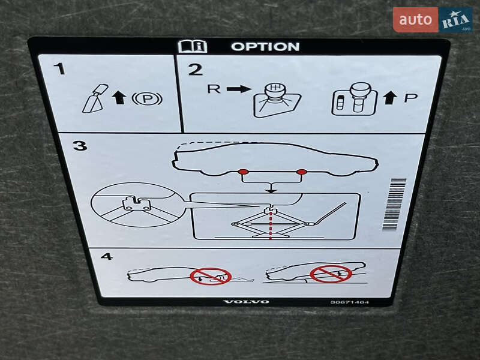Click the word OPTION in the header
point(265,47)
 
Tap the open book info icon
point(193,47)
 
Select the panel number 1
point(60,69)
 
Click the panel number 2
point(196,70)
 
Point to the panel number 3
point(80,145)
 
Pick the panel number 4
point(107,256)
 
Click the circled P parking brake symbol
point(147,98)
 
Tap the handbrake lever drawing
point(95,98)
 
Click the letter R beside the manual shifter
point(214,89)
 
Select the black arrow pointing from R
point(239,89)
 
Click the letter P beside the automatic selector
point(410,98)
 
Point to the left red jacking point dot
point(244,172)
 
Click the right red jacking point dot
point(302,172)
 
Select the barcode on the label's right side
point(395,204)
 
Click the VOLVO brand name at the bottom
point(247,302)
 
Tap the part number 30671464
point(349,302)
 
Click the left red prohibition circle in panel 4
point(211,276)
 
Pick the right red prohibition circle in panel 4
point(331,274)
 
